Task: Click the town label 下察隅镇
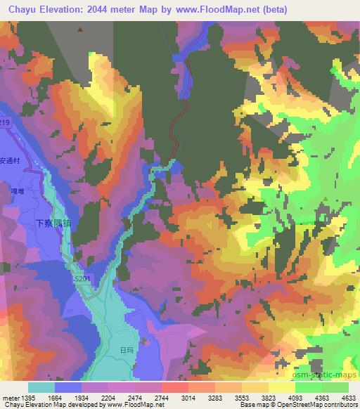pos(53,221)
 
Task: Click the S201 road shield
pos(82,279)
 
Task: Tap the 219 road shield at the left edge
pos(5,123)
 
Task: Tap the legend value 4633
pos(347,397)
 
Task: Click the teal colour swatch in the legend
pos(41,387)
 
